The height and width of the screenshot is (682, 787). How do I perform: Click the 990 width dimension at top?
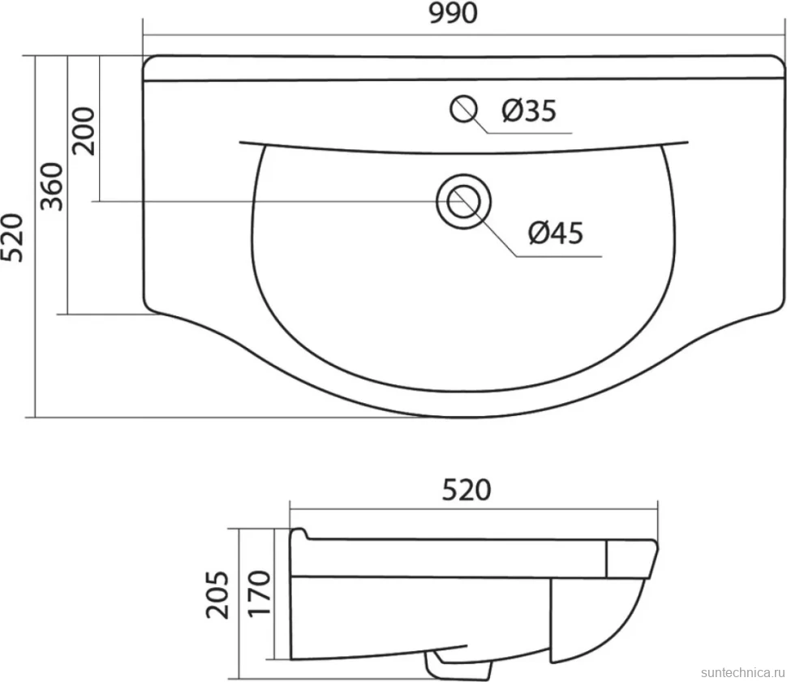(454, 14)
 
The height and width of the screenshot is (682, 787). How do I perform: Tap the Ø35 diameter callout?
(529, 110)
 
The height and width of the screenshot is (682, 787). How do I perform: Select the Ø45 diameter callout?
(556, 234)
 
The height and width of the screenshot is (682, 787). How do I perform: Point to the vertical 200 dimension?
(84, 131)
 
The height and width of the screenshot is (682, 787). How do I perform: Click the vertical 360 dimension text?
(52, 187)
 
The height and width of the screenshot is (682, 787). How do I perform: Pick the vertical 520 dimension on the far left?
(12, 238)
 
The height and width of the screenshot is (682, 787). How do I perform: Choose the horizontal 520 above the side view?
(467, 491)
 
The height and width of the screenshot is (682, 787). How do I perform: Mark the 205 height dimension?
(217, 594)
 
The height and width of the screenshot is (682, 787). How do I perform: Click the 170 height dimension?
(260, 593)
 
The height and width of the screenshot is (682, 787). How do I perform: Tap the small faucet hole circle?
(462, 109)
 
